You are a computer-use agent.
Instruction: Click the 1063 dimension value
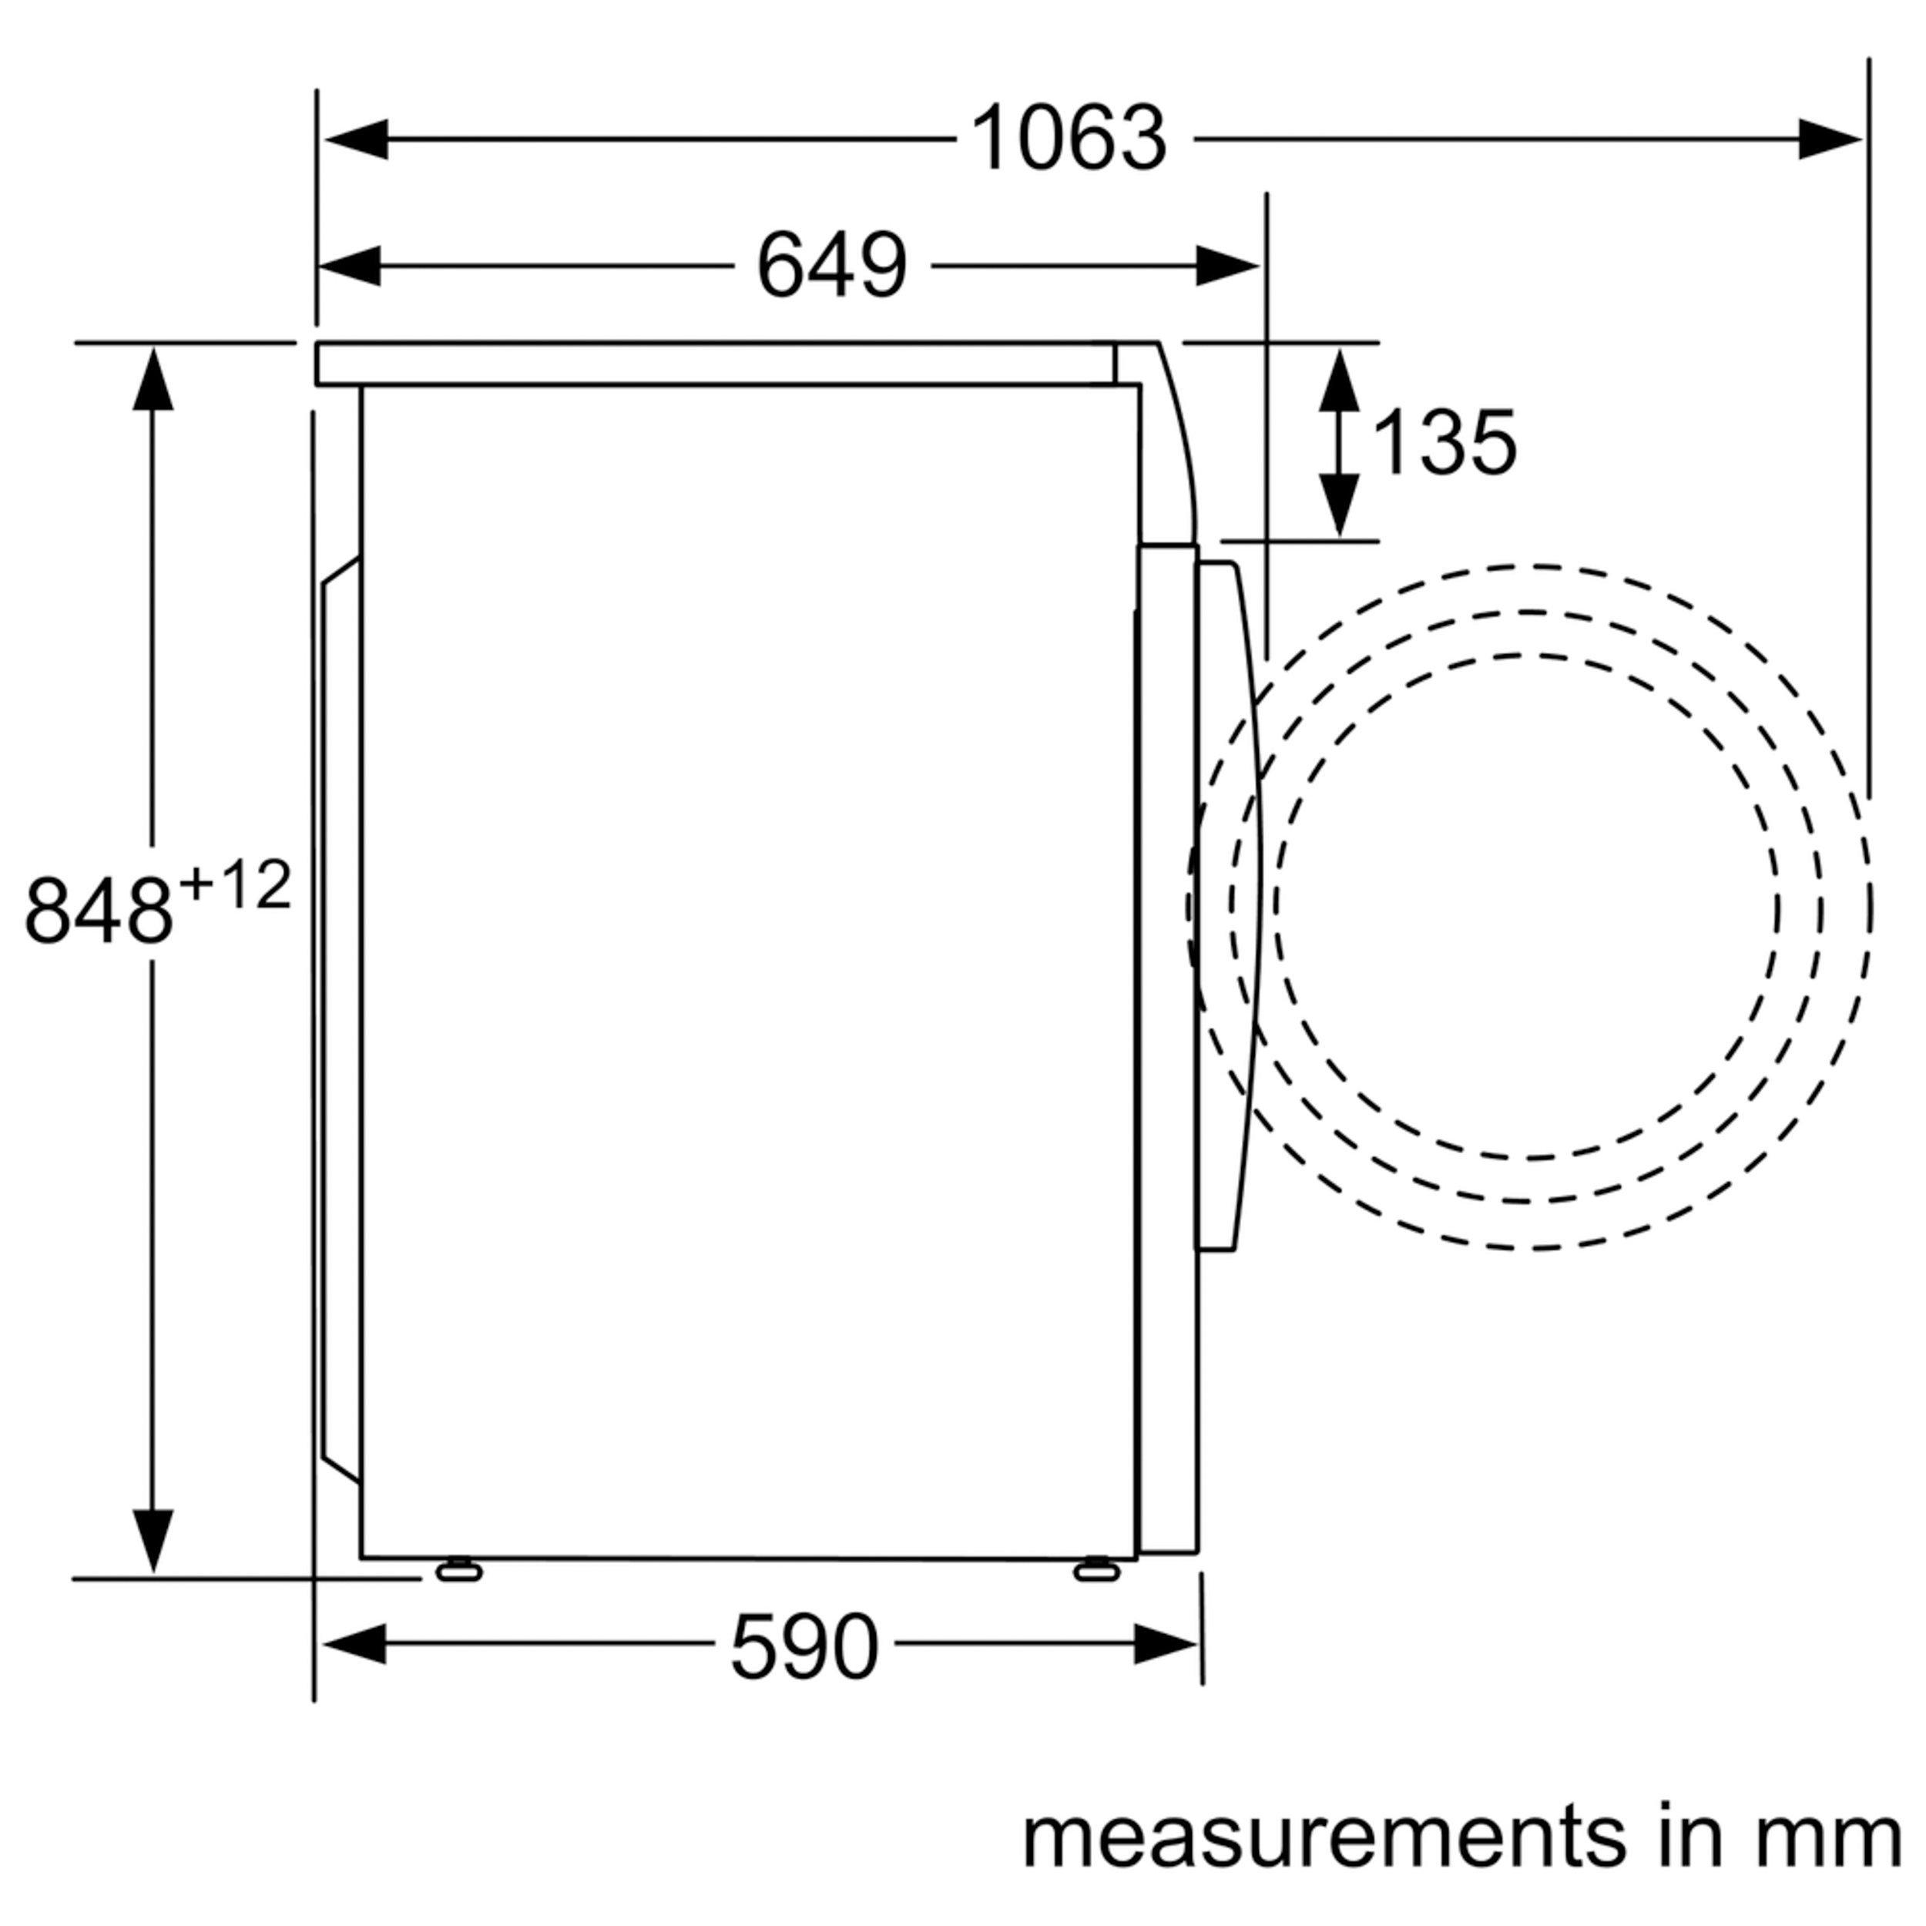click(x=1068, y=139)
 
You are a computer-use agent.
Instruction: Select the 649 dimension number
click(x=831, y=265)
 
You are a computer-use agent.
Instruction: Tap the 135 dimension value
click(x=1444, y=443)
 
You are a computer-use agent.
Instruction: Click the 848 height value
click(x=99, y=910)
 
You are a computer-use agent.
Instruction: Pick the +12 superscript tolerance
click(x=235, y=884)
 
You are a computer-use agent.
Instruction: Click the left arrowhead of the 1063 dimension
click(x=356, y=139)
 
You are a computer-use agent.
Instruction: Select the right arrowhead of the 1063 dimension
click(x=1830, y=139)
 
